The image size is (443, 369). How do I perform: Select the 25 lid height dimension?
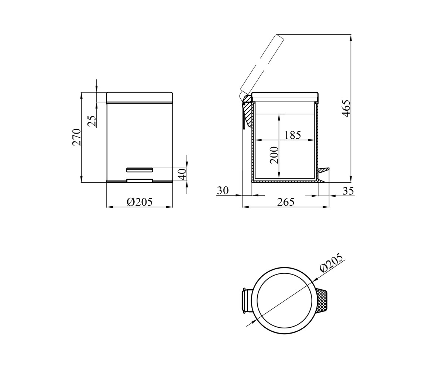92,121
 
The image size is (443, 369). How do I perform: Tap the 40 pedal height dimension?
182,174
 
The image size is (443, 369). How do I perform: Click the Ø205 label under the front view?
140,202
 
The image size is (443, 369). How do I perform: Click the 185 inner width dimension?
292,135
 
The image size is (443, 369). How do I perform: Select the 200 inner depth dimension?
274,155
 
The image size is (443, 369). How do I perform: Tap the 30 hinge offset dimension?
223,190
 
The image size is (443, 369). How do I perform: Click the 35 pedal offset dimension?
348,191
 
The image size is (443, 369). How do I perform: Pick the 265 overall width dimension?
286,202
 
